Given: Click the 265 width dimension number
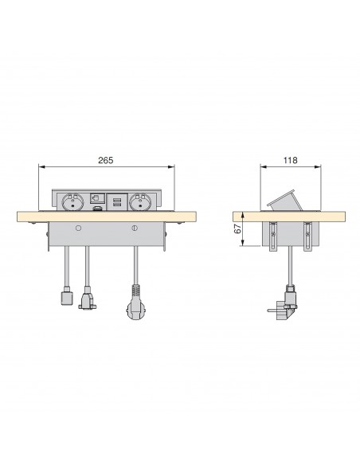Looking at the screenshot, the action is [x=106, y=160].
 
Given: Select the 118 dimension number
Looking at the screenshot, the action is [x=290, y=160].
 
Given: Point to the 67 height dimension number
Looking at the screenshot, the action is [x=238, y=229].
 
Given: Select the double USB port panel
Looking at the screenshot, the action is [x=117, y=202].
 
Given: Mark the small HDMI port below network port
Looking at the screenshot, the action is [x=96, y=209].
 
